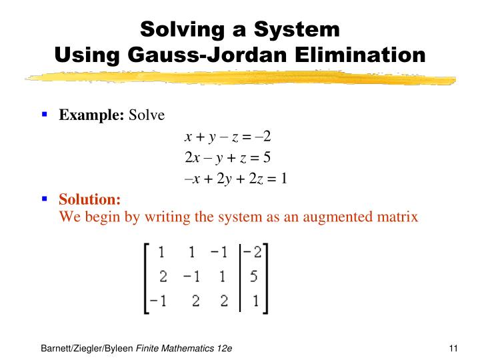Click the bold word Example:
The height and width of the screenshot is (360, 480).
[x=92, y=115]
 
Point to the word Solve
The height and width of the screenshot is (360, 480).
[x=146, y=115]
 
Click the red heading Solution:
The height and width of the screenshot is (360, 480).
[x=90, y=199]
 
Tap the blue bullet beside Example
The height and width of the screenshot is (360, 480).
[x=45, y=114]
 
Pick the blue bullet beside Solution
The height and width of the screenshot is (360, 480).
[x=45, y=198]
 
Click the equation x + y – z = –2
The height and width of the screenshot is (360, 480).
[x=227, y=137]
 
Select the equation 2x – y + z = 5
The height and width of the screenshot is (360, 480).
[x=227, y=158]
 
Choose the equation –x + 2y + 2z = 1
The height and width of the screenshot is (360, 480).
[x=235, y=178]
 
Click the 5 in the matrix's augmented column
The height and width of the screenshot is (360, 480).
[x=254, y=277]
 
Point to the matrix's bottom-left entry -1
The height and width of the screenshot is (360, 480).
[x=158, y=301]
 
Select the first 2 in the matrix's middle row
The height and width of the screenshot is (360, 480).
[x=163, y=277]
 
